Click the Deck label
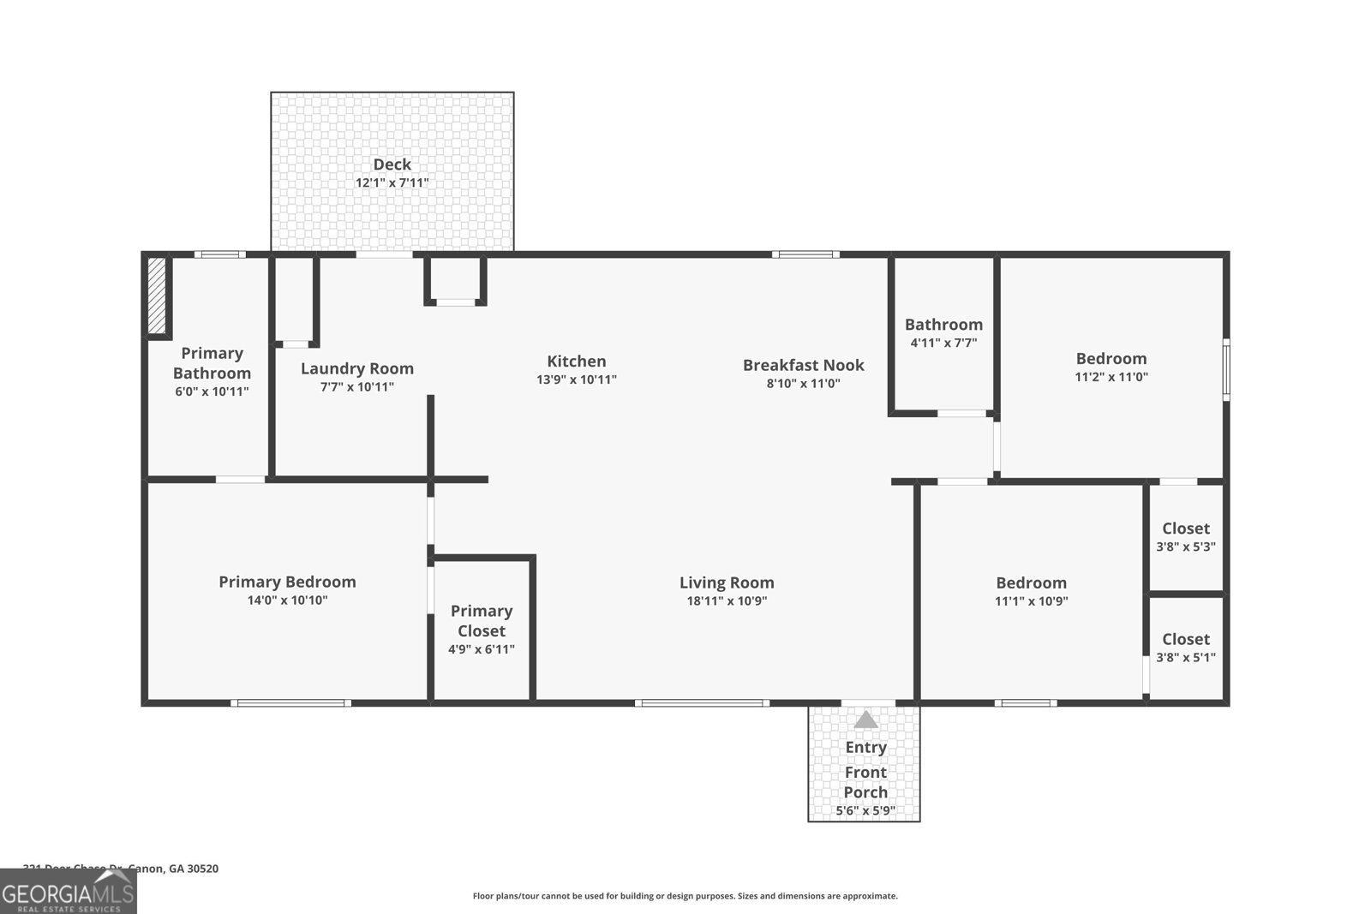(x=392, y=164)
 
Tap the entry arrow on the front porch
(x=865, y=720)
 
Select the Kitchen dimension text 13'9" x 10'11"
(x=577, y=379)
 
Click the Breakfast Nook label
(x=803, y=365)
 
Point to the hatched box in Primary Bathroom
(x=157, y=296)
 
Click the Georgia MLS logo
(x=68, y=892)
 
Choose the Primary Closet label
(x=481, y=621)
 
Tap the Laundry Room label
(x=356, y=368)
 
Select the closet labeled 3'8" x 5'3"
(x=1186, y=537)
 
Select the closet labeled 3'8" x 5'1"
(x=1186, y=648)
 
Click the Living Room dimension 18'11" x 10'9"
(x=727, y=600)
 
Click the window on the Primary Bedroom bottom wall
(x=290, y=703)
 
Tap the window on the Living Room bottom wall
(x=702, y=703)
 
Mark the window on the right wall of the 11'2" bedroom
(x=1225, y=370)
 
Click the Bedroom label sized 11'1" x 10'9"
(x=1031, y=582)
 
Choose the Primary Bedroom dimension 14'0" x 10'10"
(x=287, y=600)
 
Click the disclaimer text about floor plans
(x=685, y=896)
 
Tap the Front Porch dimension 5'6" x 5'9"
(x=865, y=810)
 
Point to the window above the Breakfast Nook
(x=805, y=254)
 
